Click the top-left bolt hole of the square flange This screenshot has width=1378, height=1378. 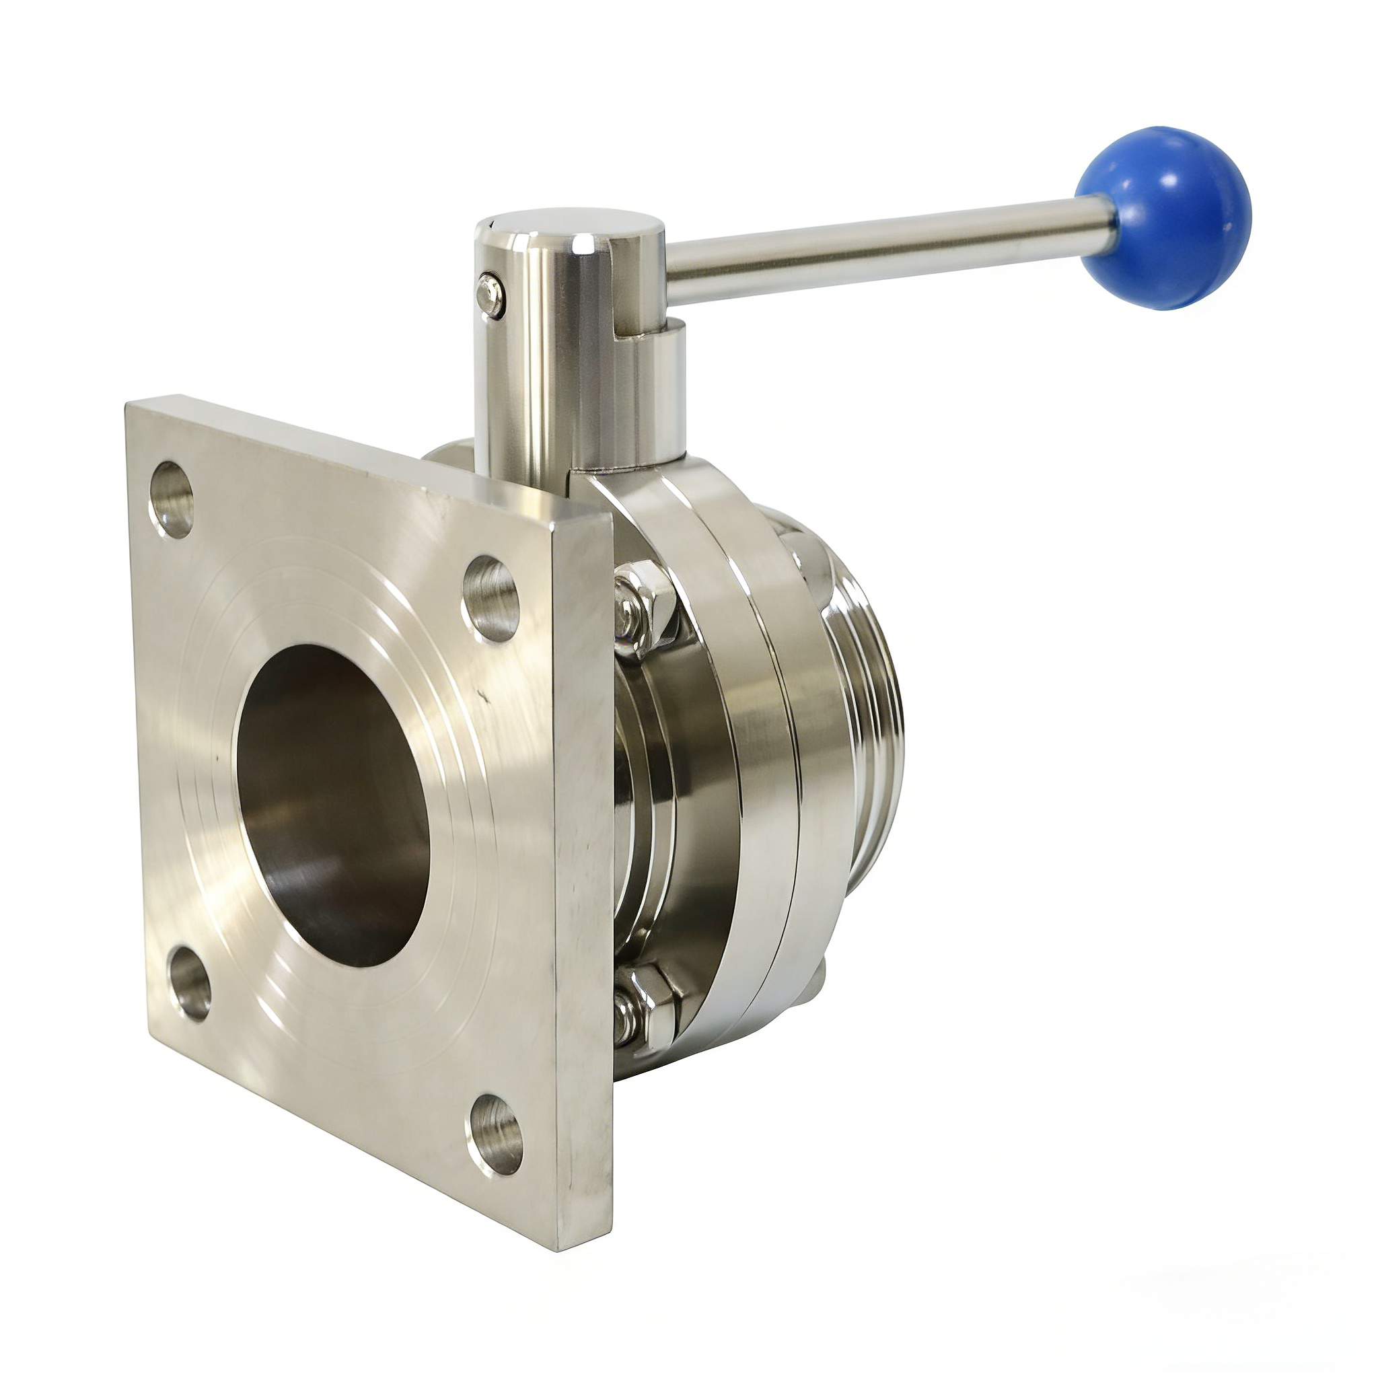pos(172,499)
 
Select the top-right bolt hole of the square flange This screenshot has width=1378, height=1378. pos(491,598)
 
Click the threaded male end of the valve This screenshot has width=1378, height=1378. pos(874,713)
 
